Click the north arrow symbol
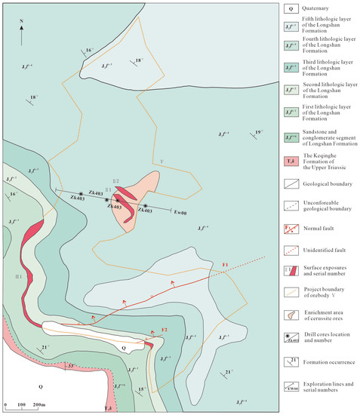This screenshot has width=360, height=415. coord(23,31)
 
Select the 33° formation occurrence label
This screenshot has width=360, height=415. coord(72,367)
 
